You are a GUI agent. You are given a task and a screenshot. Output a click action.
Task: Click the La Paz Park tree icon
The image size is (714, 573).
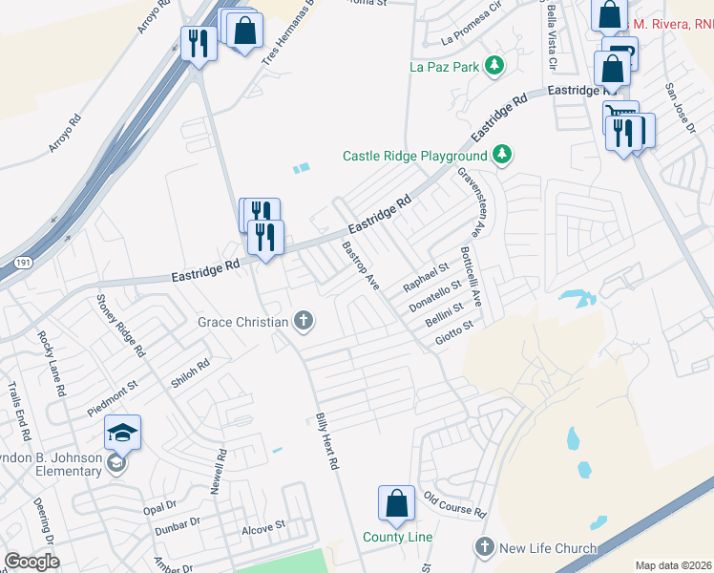click(x=494, y=66)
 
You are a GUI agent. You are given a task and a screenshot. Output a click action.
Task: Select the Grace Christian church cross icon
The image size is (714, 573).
click(x=304, y=321)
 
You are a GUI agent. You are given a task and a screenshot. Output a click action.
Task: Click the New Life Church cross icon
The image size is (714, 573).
click(x=485, y=547)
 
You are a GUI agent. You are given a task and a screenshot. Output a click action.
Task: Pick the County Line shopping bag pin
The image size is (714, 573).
click(x=396, y=503)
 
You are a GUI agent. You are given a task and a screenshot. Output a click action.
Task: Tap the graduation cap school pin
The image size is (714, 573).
click(x=122, y=434)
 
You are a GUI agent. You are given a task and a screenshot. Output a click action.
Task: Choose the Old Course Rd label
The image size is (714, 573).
click(x=455, y=504)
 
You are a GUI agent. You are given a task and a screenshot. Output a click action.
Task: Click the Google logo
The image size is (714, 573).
click(x=31, y=562)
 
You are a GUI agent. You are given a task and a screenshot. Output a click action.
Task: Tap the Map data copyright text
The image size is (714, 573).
click(x=672, y=565)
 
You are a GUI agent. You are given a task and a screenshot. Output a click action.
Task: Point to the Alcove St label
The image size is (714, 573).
click(x=263, y=526)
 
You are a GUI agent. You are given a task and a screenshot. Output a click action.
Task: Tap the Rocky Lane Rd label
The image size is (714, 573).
click(x=50, y=363)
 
